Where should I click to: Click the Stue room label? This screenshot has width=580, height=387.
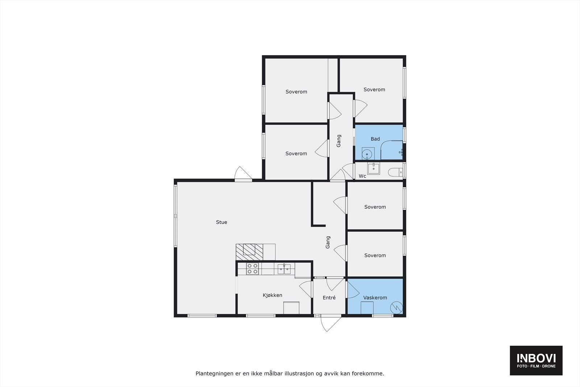point(221,222)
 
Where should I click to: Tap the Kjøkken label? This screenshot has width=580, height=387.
point(272,295)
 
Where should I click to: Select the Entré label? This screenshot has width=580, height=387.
point(329,298)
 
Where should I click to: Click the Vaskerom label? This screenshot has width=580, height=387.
point(375,298)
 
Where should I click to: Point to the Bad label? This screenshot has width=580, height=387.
point(375,139)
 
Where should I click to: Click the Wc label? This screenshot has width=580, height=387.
point(362,176)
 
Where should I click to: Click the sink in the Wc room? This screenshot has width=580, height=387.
point(373,169)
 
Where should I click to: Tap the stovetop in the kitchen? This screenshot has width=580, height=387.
point(252,269)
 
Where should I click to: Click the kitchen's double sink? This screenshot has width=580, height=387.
point(284,269)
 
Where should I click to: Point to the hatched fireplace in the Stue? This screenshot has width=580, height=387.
point(249,251)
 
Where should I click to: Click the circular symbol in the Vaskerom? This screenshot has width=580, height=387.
point(396,308)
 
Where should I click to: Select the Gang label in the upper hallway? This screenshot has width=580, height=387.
point(339,141)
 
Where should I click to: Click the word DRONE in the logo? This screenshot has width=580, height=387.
point(548,366)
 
